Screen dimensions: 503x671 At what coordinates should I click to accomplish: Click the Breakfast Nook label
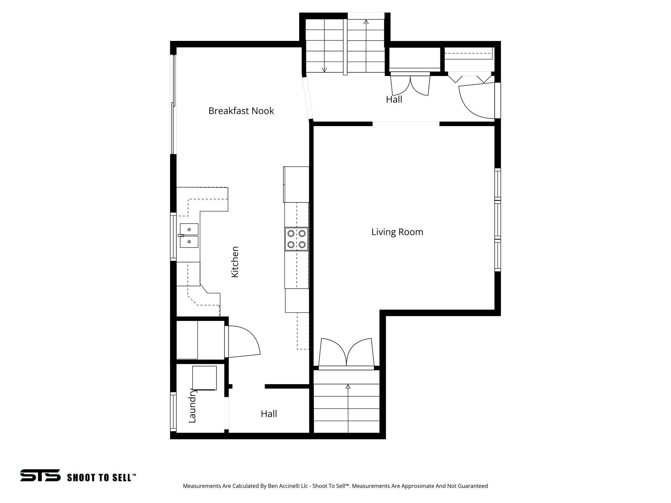[x=241, y=111]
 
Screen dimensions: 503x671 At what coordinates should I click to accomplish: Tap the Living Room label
[x=397, y=232]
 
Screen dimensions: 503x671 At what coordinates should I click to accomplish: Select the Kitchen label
[x=235, y=262]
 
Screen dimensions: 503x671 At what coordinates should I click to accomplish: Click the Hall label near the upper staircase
[x=394, y=100]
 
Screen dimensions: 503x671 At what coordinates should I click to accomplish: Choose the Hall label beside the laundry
[x=269, y=414]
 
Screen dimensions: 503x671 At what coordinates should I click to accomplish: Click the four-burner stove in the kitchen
[x=297, y=239]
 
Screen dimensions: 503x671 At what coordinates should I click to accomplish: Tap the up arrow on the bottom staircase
[x=348, y=387]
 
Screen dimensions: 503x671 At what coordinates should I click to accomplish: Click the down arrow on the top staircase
[x=324, y=69]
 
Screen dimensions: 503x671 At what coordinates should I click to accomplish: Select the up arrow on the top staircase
[x=366, y=22]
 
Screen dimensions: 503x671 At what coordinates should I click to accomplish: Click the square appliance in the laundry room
[x=204, y=378]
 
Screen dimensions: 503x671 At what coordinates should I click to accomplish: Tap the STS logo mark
[x=40, y=475]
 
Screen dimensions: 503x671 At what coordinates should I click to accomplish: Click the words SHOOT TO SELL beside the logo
[x=101, y=477]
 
